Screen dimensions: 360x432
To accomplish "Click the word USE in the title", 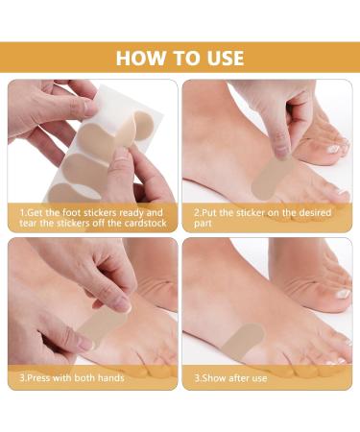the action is pos(225,58).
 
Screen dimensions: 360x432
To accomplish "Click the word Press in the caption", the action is pos(38,378).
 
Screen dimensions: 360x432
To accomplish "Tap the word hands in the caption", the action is pos(110,378).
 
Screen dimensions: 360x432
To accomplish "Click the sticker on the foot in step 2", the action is pos(272,178).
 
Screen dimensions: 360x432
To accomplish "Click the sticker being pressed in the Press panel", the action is pos(102,324).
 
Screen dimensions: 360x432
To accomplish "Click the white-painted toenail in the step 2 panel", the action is pos(335,148).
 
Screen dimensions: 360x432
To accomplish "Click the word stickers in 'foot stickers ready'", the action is pos(100,213).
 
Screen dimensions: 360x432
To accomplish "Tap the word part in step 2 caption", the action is pos(203,224).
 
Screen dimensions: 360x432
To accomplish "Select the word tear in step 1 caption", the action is pos(28,223).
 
